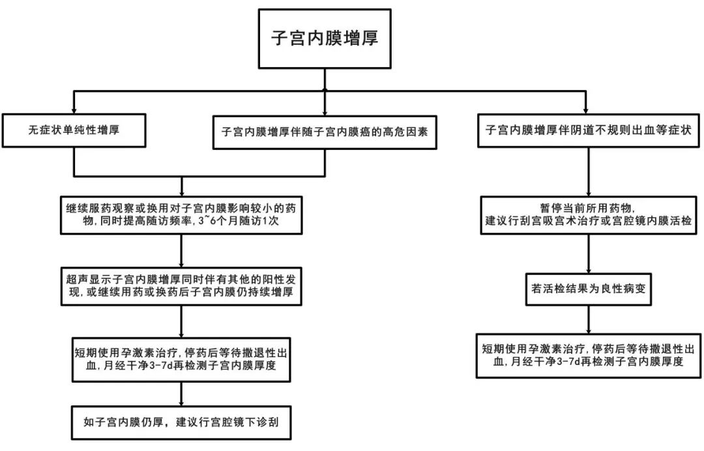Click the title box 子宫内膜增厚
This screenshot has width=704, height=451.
click(x=325, y=38)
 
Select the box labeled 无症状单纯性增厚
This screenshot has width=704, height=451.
click(x=73, y=130)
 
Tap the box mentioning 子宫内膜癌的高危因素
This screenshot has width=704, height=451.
click(x=325, y=131)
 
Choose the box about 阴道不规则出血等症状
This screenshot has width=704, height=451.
click(x=588, y=130)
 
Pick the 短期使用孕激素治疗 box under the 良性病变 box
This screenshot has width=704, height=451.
click(x=589, y=355)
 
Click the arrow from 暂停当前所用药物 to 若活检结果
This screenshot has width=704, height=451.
click(x=589, y=253)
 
